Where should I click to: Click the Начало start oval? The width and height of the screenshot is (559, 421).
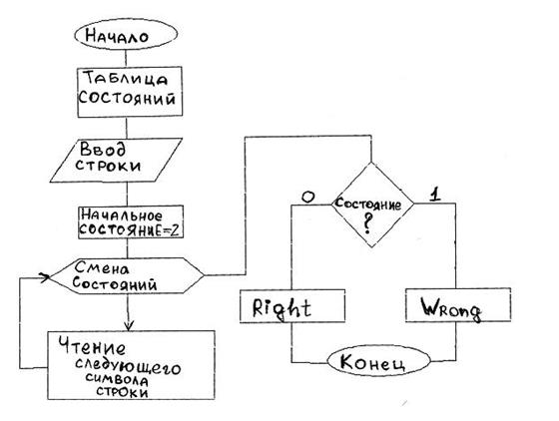(x=126, y=35)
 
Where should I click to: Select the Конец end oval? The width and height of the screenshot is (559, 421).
(x=378, y=361)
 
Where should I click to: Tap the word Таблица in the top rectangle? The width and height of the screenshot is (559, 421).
(x=127, y=79)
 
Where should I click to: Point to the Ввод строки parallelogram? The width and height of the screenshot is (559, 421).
(x=116, y=160)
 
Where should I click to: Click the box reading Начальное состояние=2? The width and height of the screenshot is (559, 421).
(x=131, y=221)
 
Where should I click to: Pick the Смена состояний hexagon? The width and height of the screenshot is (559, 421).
(x=126, y=275)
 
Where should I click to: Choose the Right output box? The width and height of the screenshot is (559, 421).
(x=292, y=306)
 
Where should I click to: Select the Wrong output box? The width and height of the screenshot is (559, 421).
(x=458, y=305)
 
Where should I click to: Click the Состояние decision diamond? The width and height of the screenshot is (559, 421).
(x=372, y=205)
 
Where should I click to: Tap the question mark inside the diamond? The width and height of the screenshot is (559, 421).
(x=367, y=224)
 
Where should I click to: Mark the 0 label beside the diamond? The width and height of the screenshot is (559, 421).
(x=307, y=197)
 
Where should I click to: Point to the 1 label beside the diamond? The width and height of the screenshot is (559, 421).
(x=434, y=195)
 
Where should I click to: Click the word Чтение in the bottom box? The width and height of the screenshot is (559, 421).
(x=92, y=346)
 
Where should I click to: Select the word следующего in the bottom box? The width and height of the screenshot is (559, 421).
(x=128, y=367)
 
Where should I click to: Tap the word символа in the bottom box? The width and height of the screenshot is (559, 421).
(x=117, y=380)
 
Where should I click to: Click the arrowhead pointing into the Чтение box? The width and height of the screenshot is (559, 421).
(x=129, y=326)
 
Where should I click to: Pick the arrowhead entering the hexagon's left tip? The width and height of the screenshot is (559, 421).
(x=44, y=277)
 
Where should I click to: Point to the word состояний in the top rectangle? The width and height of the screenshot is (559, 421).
(x=127, y=98)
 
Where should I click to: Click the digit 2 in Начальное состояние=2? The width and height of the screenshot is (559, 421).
(x=175, y=230)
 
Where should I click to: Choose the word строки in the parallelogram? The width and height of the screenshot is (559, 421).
(x=109, y=166)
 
